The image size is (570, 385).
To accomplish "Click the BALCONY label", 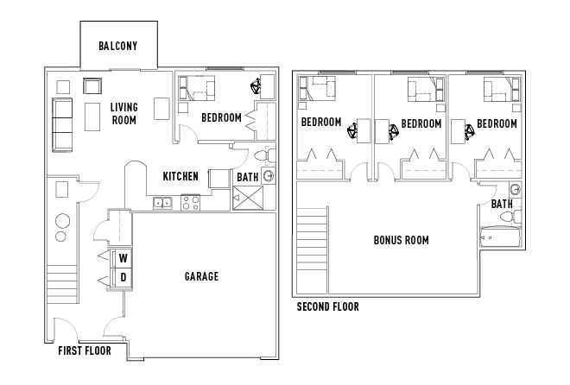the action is coord(118,46).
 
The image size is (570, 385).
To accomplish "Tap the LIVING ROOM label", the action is coord(124,114).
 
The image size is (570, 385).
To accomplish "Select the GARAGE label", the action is coord(201,276).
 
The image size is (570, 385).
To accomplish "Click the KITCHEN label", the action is coord(180,176).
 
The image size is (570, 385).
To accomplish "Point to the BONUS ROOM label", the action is coord(402,240).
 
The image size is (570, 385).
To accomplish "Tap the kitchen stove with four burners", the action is coord(191,203).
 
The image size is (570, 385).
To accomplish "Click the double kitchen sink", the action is coord(162,203).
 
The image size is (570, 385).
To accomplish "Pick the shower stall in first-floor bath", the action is coord(248,198).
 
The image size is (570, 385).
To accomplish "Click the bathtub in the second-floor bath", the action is coord(501,237).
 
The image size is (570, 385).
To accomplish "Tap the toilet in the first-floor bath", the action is coord(264,156).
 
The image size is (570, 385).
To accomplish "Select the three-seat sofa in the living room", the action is coord(62,124).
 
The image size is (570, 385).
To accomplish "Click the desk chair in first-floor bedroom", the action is coord(256,86).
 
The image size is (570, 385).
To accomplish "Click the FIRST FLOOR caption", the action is coord(85,350).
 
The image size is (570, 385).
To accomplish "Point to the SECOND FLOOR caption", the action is coord(328,307).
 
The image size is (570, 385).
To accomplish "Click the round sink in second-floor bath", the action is coord(515,190).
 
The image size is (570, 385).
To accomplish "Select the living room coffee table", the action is coord(92,117).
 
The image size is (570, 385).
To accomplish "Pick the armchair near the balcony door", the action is coord(92,86).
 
